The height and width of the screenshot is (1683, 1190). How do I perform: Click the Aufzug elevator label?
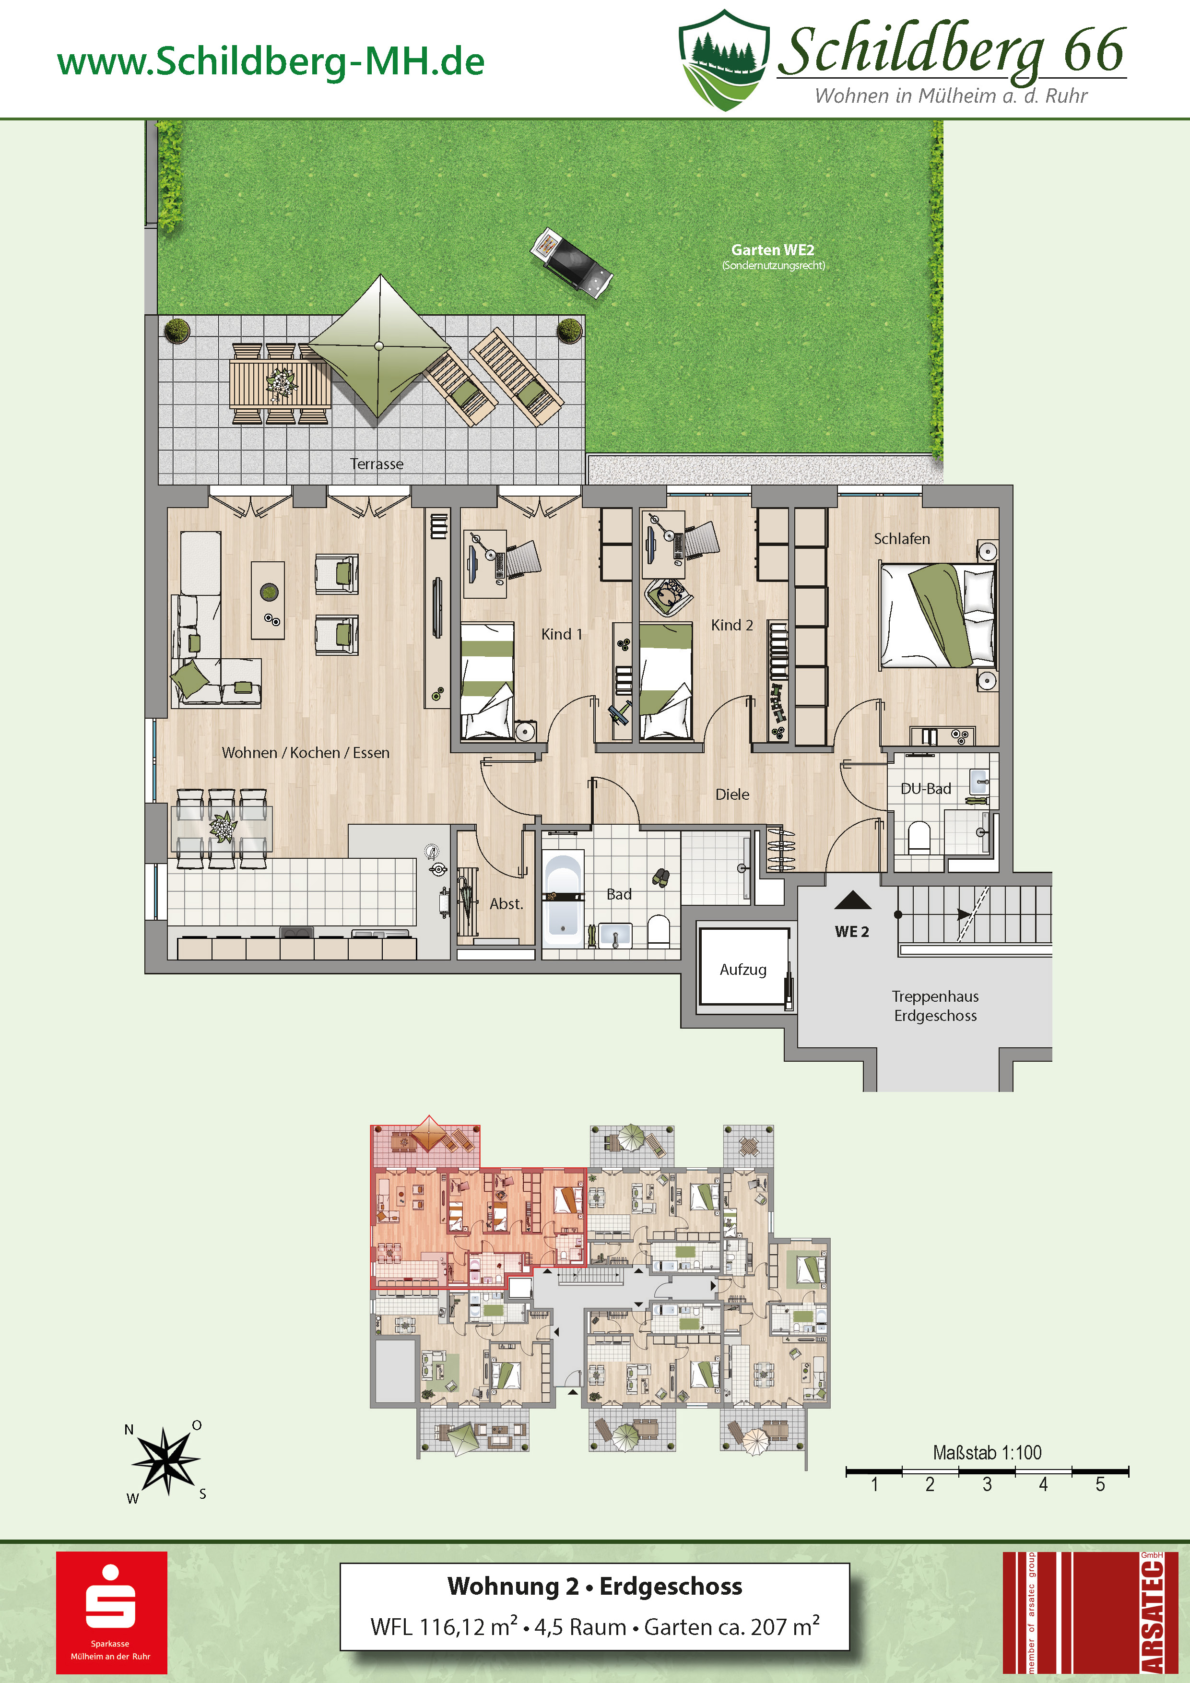(743, 969)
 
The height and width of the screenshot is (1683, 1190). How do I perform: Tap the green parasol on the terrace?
(379, 346)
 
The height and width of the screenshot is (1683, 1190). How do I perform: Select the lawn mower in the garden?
(572, 261)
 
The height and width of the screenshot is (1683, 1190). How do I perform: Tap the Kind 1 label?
(562, 634)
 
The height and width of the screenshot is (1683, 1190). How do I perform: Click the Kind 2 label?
(732, 625)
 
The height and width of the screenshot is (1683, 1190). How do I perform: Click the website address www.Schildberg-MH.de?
(271, 61)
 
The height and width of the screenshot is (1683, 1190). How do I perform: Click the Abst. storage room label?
(507, 904)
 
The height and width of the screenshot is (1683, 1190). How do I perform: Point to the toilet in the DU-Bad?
(919, 838)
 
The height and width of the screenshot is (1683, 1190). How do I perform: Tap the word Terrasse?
(377, 464)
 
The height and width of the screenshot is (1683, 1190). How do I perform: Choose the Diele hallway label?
(732, 794)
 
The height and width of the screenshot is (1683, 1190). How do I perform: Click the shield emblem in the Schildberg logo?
(724, 60)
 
